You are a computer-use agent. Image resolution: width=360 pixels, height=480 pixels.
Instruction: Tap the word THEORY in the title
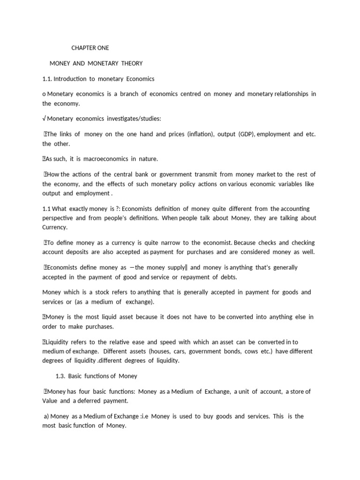(132, 63)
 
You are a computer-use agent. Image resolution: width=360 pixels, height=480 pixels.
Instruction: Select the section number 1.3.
(61, 376)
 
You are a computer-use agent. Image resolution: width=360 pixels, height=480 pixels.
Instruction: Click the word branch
(131, 94)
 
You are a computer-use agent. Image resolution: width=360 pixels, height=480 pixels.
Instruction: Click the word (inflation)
(201, 135)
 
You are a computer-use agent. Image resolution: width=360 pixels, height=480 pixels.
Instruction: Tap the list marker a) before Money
(46, 417)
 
